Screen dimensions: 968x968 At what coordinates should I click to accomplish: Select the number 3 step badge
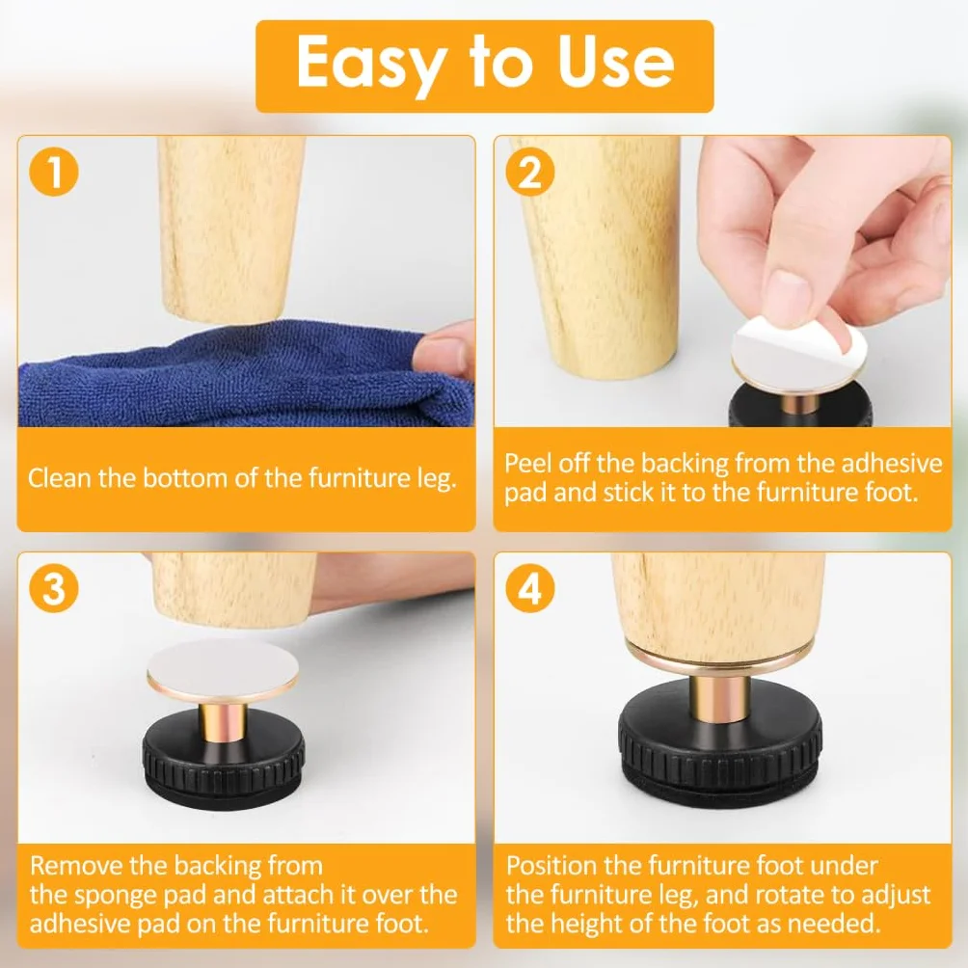coord(54,588)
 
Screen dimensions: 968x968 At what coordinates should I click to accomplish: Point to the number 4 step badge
coord(530,588)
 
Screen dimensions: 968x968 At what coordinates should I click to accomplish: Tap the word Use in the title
coord(615,62)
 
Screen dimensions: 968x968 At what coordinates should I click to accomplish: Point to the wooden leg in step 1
coord(230,229)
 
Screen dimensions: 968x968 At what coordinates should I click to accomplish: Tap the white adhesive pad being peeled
coord(799,352)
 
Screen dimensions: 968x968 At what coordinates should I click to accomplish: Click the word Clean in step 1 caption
coord(59,478)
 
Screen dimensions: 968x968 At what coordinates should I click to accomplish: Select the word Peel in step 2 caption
coord(527,463)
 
